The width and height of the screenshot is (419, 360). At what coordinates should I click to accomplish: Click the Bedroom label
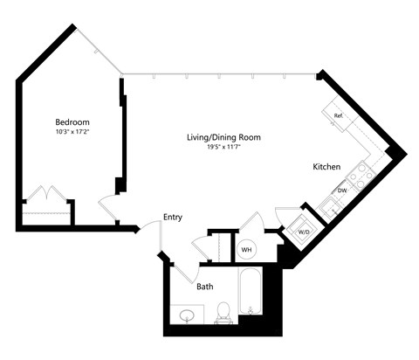(72, 121)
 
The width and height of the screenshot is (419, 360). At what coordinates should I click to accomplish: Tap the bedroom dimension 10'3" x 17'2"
(72, 132)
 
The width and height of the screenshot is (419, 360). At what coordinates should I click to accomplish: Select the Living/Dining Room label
(223, 137)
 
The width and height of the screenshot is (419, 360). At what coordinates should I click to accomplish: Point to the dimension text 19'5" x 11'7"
(223, 148)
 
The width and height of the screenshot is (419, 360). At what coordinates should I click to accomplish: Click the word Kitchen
(326, 166)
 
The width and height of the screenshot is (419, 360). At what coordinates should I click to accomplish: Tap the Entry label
(172, 217)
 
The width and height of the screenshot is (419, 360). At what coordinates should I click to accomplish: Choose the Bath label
(205, 286)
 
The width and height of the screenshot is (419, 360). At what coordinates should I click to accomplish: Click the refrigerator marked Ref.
(337, 114)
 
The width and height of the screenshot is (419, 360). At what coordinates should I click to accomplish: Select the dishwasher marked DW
(342, 190)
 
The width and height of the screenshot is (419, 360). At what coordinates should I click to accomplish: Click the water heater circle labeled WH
(246, 249)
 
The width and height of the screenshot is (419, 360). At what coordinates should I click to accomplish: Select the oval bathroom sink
(186, 314)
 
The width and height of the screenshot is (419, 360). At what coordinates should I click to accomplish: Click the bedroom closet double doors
(44, 194)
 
